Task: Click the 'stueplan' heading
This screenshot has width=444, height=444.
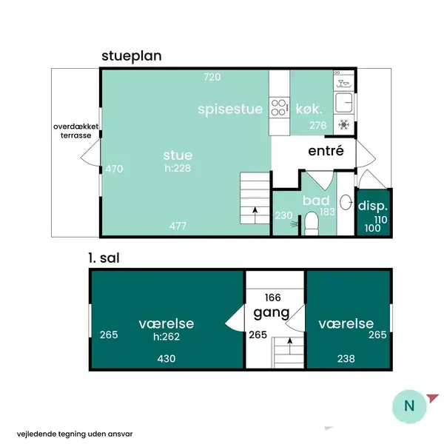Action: (132, 56)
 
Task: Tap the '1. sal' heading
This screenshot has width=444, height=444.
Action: (104, 258)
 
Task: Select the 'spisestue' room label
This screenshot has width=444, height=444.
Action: (230, 110)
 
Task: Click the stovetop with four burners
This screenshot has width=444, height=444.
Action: (279, 107)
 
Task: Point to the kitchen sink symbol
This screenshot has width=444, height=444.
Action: (344, 103)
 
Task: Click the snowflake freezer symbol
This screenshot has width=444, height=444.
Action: (344, 124)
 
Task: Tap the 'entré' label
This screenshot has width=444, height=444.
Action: (326, 151)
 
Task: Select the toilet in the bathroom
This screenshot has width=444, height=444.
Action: (312, 223)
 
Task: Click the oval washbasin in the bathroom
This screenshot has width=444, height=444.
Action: (346, 202)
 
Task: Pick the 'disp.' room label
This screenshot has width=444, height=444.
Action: (372, 206)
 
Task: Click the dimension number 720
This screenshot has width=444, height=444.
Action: (212, 77)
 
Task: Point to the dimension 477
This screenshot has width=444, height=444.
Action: (178, 226)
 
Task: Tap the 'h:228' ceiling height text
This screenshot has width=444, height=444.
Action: (178, 168)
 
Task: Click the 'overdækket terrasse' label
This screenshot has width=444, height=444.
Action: (76, 131)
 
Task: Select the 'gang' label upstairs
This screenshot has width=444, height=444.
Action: (272, 313)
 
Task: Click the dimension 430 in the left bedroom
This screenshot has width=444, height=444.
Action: (166, 359)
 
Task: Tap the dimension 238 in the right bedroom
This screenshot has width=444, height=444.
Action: (346, 359)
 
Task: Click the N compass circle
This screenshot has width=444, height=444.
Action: (409, 406)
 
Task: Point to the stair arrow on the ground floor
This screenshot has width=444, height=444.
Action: (255, 215)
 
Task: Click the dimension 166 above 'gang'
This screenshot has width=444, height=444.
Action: (273, 297)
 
